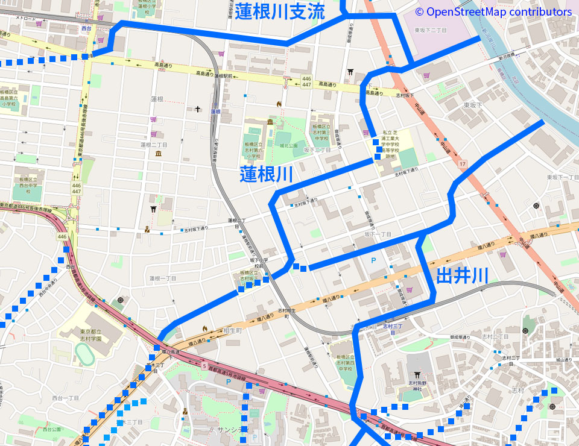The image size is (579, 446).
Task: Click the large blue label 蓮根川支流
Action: [280, 11]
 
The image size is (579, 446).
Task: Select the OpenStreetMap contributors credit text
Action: [493, 11]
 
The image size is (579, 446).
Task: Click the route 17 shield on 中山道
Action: [462, 164]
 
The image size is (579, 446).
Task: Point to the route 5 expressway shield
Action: [204, 366]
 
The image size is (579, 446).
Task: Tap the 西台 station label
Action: [87, 28]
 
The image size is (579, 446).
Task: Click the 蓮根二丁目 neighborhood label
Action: [154, 145]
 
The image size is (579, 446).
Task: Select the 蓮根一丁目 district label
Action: [163, 278]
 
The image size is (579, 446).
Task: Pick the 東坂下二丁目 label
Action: [431, 30]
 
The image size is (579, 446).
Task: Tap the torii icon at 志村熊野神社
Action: [417, 374]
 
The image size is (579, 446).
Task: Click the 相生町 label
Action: [232, 331]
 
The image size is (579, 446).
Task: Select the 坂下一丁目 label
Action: [378, 234]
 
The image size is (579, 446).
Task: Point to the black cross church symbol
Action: [198, 109]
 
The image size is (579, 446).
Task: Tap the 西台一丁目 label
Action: [66, 398]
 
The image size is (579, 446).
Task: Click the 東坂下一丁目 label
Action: [562, 177]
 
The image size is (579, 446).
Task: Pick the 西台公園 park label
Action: [52, 430]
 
